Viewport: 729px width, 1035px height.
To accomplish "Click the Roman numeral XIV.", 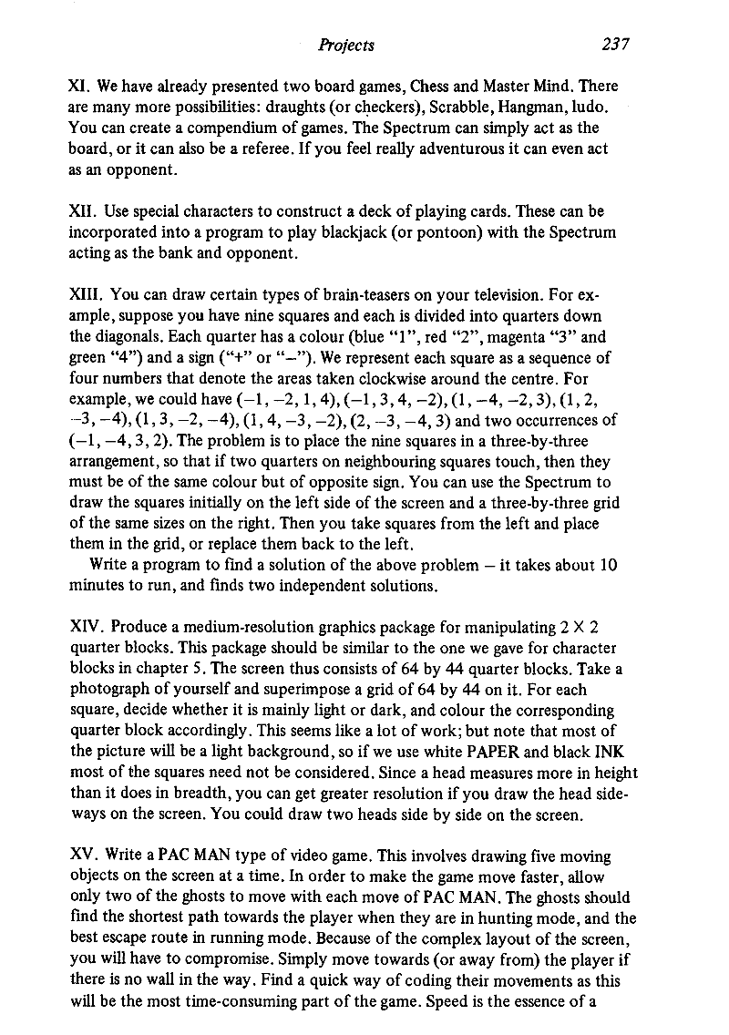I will point(86,629).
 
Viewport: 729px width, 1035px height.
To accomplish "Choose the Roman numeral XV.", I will point(81,857).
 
